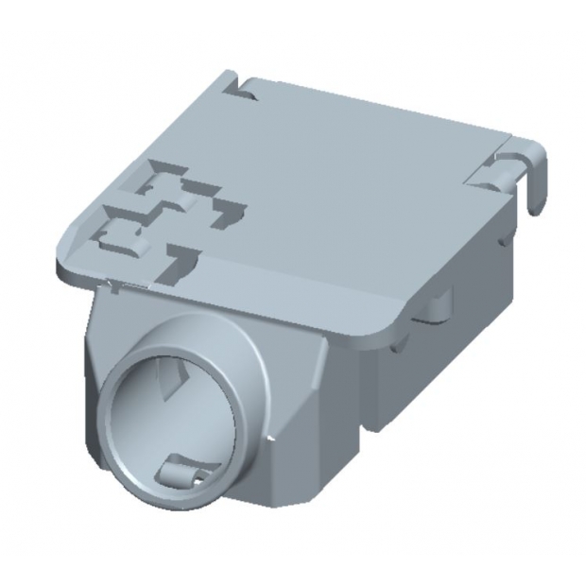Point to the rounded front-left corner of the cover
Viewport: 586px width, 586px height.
(64, 268)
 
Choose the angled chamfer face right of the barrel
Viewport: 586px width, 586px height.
(302, 406)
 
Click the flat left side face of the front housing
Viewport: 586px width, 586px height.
(95, 350)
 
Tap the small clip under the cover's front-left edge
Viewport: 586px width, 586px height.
(113, 285)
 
